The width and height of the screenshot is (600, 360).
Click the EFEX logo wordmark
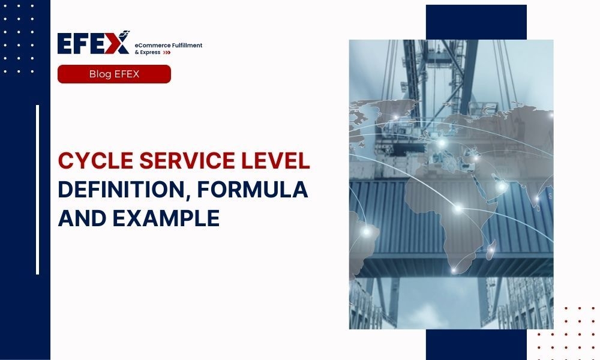(x=93, y=44)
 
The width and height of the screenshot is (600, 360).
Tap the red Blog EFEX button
(x=114, y=74)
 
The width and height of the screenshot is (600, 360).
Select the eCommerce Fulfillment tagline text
(x=169, y=46)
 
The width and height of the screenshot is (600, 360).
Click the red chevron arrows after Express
(x=167, y=53)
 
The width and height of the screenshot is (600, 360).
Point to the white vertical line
(x=37, y=190)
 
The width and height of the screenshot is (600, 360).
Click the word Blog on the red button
(x=101, y=74)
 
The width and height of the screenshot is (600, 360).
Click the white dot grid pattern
(x=18, y=39)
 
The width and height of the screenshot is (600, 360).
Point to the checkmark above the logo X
(x=125, y=33)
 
